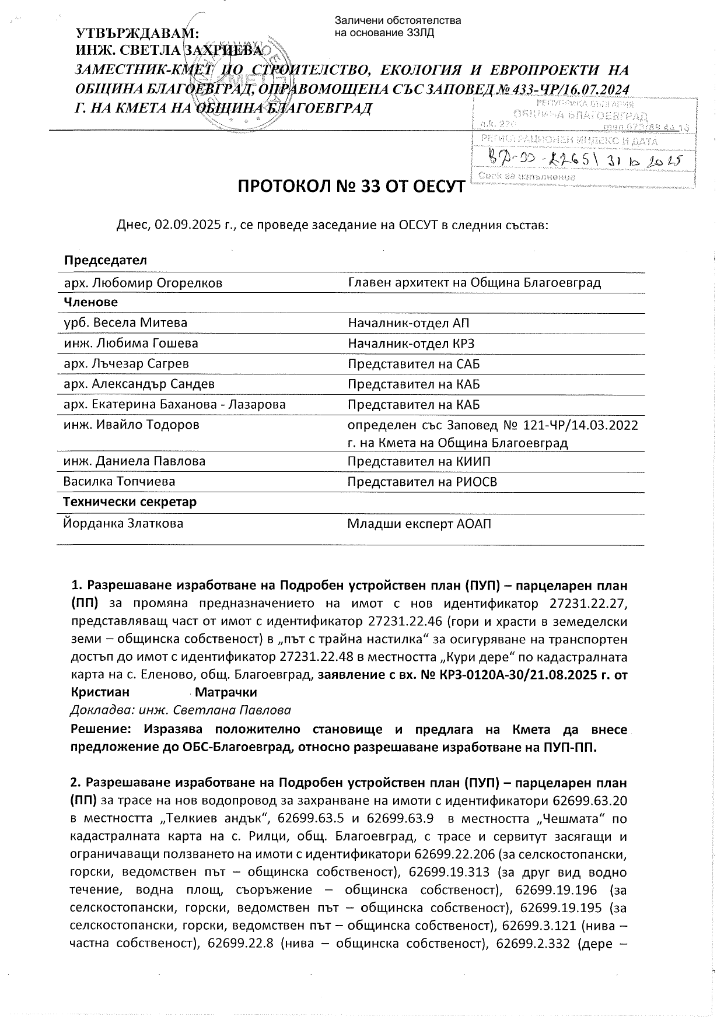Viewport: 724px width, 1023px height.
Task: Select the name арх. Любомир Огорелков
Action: (143, 283)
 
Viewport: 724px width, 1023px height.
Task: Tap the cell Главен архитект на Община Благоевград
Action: (474, 283)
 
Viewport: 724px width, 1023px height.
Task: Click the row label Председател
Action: (106, 260)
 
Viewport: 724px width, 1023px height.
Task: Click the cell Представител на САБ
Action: (414, 364)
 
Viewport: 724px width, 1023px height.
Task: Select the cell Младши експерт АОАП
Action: (419, 524)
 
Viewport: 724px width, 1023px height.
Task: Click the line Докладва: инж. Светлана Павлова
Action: (180, 710)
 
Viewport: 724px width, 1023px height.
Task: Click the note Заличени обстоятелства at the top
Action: (397, 21)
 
